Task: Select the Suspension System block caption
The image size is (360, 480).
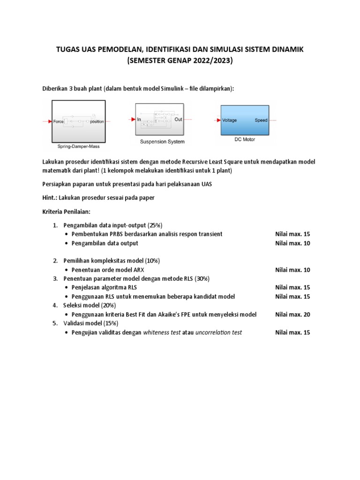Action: coord(162,141)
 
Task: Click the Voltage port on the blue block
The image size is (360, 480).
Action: coord(230,120)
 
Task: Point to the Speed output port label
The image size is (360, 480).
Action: coord(261,120)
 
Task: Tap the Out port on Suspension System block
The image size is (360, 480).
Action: coord(178,120)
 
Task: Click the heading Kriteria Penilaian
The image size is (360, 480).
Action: coord(69,211)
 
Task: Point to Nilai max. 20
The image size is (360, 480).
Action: coord(292,315)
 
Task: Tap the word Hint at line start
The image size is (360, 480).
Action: coord(49,197)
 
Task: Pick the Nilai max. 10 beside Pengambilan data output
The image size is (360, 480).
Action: coord(292,243)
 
